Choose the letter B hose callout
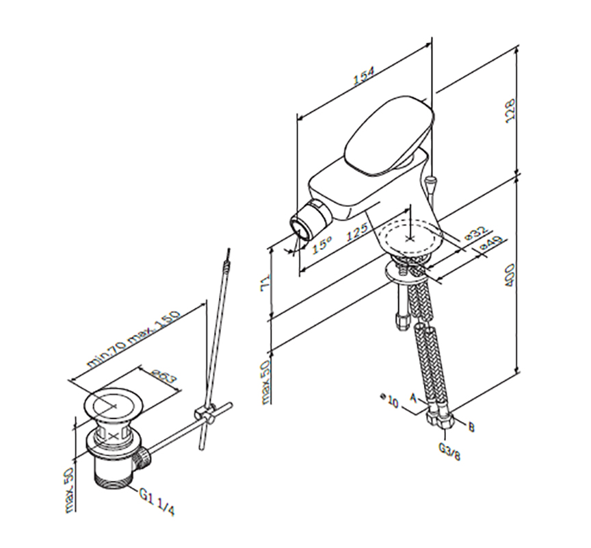(x=471, y=427)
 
